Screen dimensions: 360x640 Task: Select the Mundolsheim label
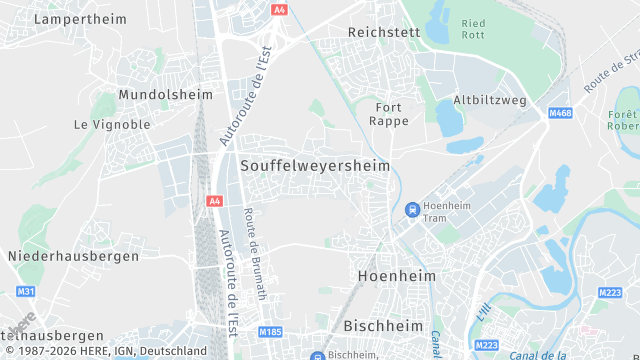coord(166,94)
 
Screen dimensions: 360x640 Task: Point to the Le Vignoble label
coord(112,124)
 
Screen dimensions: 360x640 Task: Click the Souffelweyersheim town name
coord(315,164)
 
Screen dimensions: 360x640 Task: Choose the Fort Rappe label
coord(390,114)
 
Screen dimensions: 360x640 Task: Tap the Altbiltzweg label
coord(490,100)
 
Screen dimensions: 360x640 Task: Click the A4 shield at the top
coord(279,8)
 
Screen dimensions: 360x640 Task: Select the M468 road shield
coord(560,115)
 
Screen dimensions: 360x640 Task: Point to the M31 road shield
coord(26,292)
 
